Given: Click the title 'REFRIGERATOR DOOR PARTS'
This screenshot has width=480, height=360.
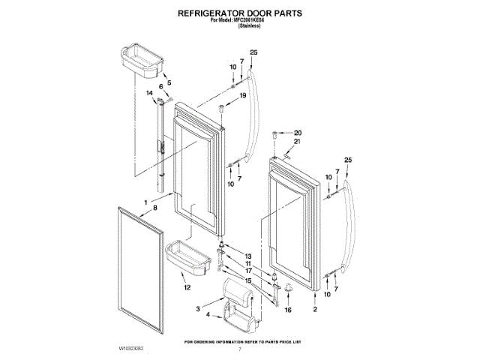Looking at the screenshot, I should point(239,13).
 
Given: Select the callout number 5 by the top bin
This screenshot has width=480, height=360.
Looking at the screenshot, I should point(169,82).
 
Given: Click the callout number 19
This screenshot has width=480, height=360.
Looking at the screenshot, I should point(242,96).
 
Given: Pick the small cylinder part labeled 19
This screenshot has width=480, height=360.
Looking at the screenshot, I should point(223,110).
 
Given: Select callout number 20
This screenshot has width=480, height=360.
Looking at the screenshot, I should point(297,132).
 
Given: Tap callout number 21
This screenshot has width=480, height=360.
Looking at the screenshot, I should point(297,142).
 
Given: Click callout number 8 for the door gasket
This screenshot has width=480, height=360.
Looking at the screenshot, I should point(156,208).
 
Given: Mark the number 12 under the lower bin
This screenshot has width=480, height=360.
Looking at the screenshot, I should point(187,287).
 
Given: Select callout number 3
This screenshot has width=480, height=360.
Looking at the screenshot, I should point(199,308).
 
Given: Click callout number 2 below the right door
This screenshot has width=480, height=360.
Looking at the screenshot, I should point(314,309).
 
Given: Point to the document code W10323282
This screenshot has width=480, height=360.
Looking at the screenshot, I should point(131,349).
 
